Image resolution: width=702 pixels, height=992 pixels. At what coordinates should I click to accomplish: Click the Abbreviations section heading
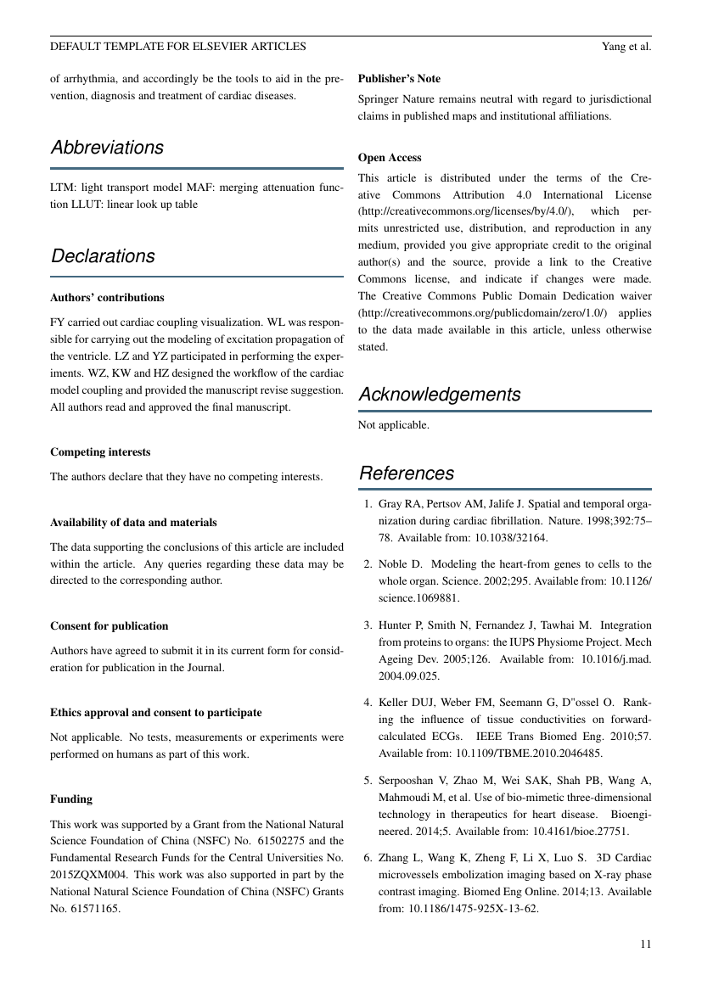107,148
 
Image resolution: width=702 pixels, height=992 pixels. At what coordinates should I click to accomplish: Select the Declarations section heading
103,256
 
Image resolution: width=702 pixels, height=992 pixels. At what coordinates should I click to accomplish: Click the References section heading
407,474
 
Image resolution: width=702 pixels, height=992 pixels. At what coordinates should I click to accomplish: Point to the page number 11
645,944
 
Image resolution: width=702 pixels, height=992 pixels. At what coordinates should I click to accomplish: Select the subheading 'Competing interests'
100,452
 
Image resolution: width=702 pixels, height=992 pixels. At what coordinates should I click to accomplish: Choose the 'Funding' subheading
71,799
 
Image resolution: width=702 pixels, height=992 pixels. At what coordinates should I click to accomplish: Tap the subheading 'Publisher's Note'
399,79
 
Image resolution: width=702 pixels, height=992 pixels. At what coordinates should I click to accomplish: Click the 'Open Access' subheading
390,158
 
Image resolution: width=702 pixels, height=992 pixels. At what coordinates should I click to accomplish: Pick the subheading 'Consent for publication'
109,626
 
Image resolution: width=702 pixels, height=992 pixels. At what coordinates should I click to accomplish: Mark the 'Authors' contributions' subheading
107,298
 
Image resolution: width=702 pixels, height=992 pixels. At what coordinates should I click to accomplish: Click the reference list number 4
368,702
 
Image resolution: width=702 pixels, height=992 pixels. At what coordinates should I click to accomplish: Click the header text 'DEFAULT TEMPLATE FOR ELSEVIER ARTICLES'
178,46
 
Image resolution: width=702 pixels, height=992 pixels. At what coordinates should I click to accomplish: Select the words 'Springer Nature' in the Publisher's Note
396,99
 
